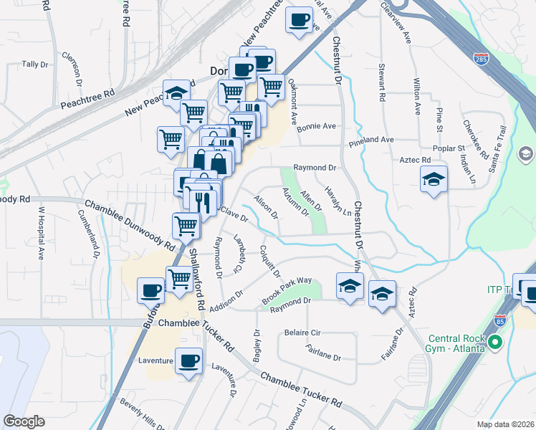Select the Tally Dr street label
(x=34, y=64)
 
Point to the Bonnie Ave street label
(x=316, y=126)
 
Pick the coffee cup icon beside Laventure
(x=189, y=360)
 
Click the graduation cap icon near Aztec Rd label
(x=434, y=179)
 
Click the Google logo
(x=24, y=422)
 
